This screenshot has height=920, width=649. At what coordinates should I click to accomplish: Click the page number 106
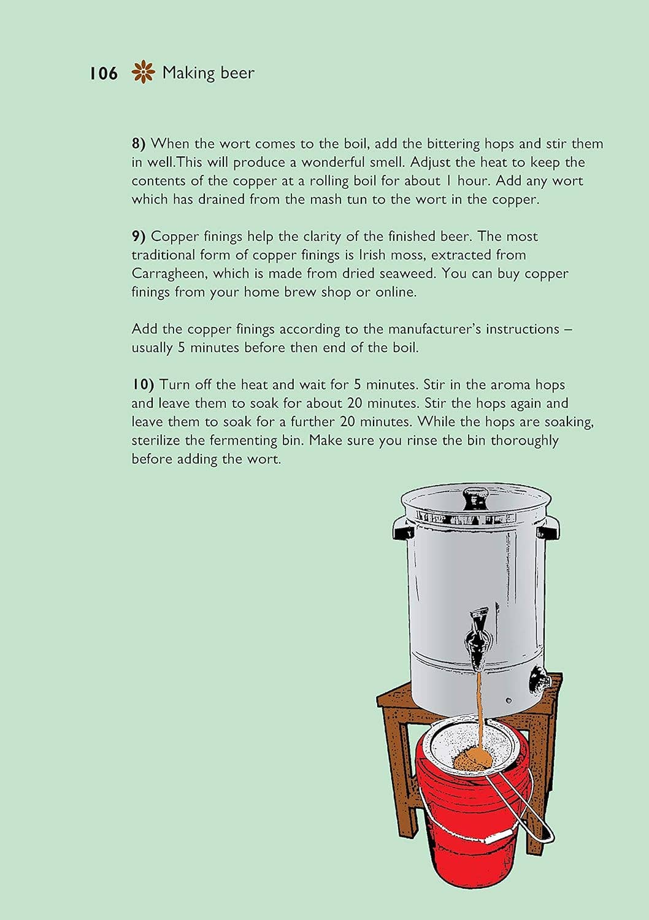click(103, 74)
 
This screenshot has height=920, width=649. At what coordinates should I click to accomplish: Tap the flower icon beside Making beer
click(143, 72)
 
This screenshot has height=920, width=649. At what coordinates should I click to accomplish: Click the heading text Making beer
click(208, 73)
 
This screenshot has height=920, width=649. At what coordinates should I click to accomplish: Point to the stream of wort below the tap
click(479, 705)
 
